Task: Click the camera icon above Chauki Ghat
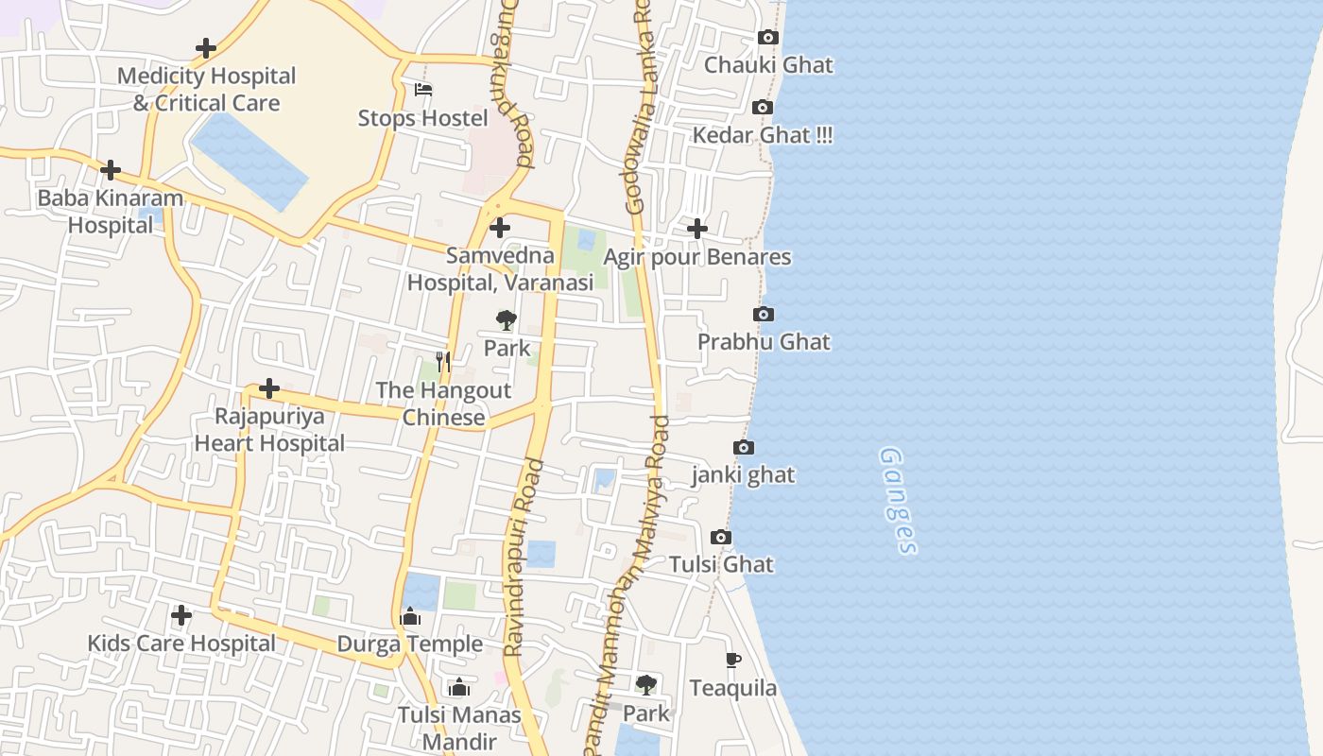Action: click(768, 38)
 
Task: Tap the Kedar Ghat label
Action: click(763, 135)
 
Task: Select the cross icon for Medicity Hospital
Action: click(205, 48)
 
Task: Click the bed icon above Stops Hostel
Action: click(423, 90)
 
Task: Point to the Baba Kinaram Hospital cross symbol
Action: click(111, 170)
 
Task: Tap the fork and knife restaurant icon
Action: click(443, 361)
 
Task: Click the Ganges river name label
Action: click(898, 500)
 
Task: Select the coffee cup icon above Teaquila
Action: click(733, 660)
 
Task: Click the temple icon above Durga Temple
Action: click(410, 617)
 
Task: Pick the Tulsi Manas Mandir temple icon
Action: click(459, 687)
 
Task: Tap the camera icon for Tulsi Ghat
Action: click(721, 537)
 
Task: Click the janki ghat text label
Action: click(743, 474)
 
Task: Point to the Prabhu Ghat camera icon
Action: click(764, 314)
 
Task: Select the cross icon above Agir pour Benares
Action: click(696, 229)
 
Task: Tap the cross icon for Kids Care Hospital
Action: click(181, 615)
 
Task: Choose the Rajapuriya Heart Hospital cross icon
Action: click(269, 388)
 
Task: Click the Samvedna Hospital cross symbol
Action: click(500, 228)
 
